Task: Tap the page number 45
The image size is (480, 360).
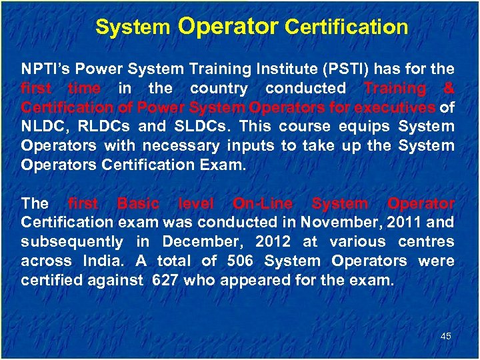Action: pos(446,336)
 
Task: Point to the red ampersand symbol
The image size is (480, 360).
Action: pos(449,88)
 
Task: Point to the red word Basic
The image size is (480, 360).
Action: pos(138,203)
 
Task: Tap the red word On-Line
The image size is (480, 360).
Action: pos(262,203)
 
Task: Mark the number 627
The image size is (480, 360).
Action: pos(165,280)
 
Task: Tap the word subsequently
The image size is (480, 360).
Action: pos(72,241)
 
